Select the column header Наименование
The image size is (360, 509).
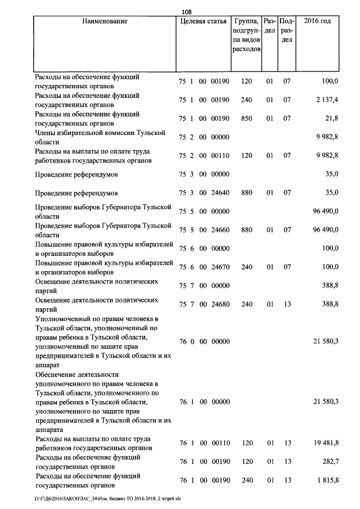point(105,21)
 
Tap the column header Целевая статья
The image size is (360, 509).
point(203,21)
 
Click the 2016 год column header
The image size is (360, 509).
point(317,21)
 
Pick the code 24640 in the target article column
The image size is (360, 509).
point(220,193)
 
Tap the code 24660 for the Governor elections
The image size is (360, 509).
point(220,230)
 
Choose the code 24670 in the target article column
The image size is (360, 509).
point(220,267)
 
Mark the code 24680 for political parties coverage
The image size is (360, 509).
point(220,304)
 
